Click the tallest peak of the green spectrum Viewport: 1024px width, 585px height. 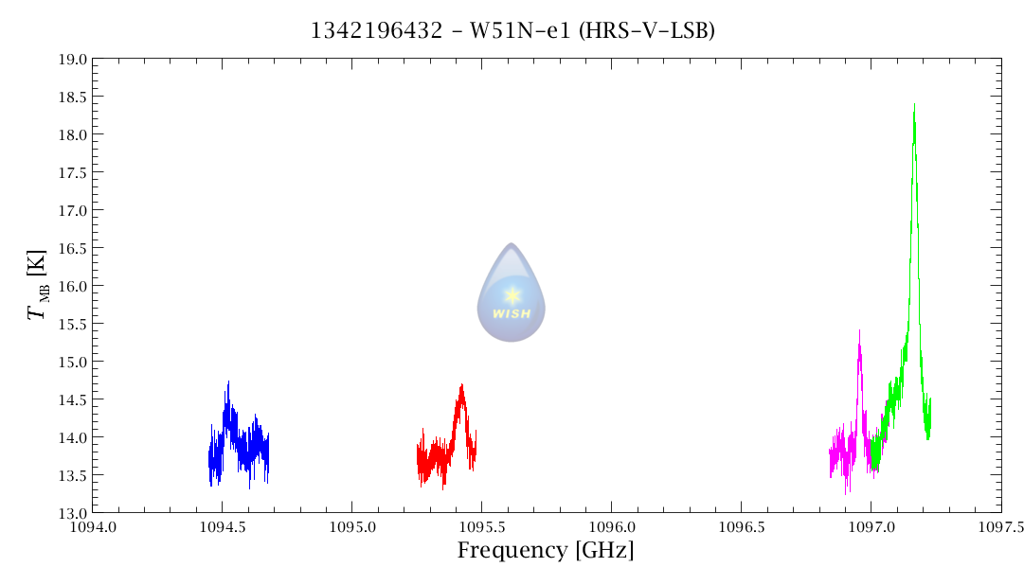click(914, 106)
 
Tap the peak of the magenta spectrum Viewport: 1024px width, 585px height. click(859, 331)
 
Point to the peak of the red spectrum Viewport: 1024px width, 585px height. click(461, 385)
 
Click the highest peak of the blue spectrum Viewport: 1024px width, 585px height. click(228, 382)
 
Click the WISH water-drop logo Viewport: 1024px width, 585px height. click(512, 292)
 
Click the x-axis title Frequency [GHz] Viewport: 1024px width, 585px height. click(546, 551)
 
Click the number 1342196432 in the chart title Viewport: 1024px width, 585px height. click(376, 31)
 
